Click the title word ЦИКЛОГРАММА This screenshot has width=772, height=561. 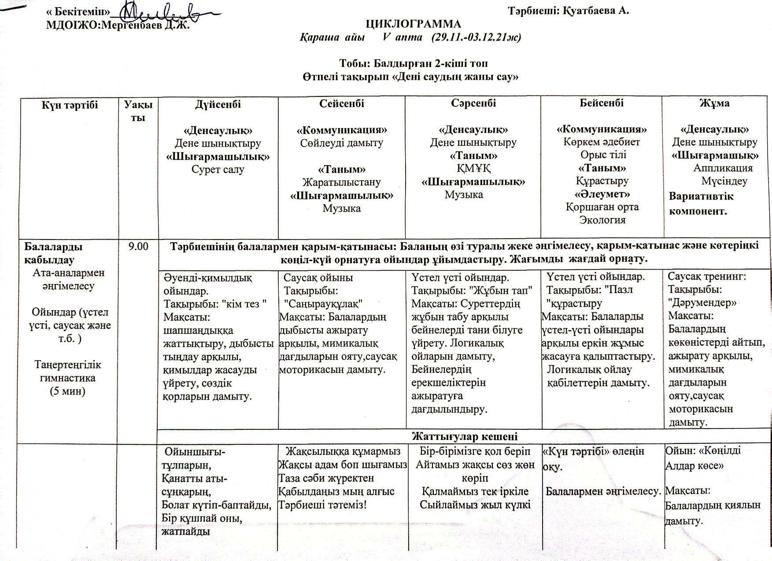[414, 24]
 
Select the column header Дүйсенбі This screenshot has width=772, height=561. [218, 104]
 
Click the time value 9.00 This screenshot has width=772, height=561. [138, 246]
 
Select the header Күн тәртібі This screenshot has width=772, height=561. [70, 105]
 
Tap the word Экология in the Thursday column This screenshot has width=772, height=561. [602, 220]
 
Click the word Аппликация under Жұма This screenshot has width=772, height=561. [723, 168]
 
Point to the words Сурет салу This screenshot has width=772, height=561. [218, 170]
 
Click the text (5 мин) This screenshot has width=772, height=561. [67, 391]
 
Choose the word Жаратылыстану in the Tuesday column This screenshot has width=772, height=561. [341, 182]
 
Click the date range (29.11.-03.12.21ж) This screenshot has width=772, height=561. [476, 37]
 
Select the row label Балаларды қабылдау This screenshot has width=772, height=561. [53, 253]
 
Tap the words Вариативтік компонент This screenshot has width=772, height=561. [701, 203]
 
